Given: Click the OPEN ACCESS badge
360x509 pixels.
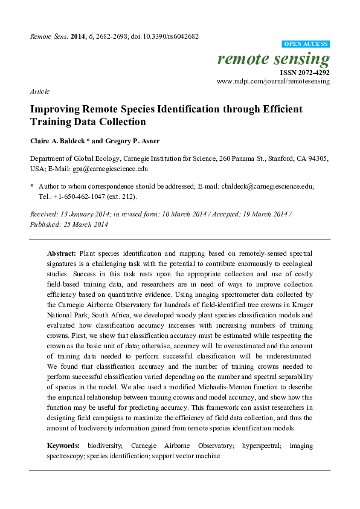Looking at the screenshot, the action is click(306, 44).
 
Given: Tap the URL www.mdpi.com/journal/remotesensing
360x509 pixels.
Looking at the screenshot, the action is click(273, 80).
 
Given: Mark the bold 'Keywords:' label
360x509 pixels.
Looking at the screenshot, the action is click(65, 445).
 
